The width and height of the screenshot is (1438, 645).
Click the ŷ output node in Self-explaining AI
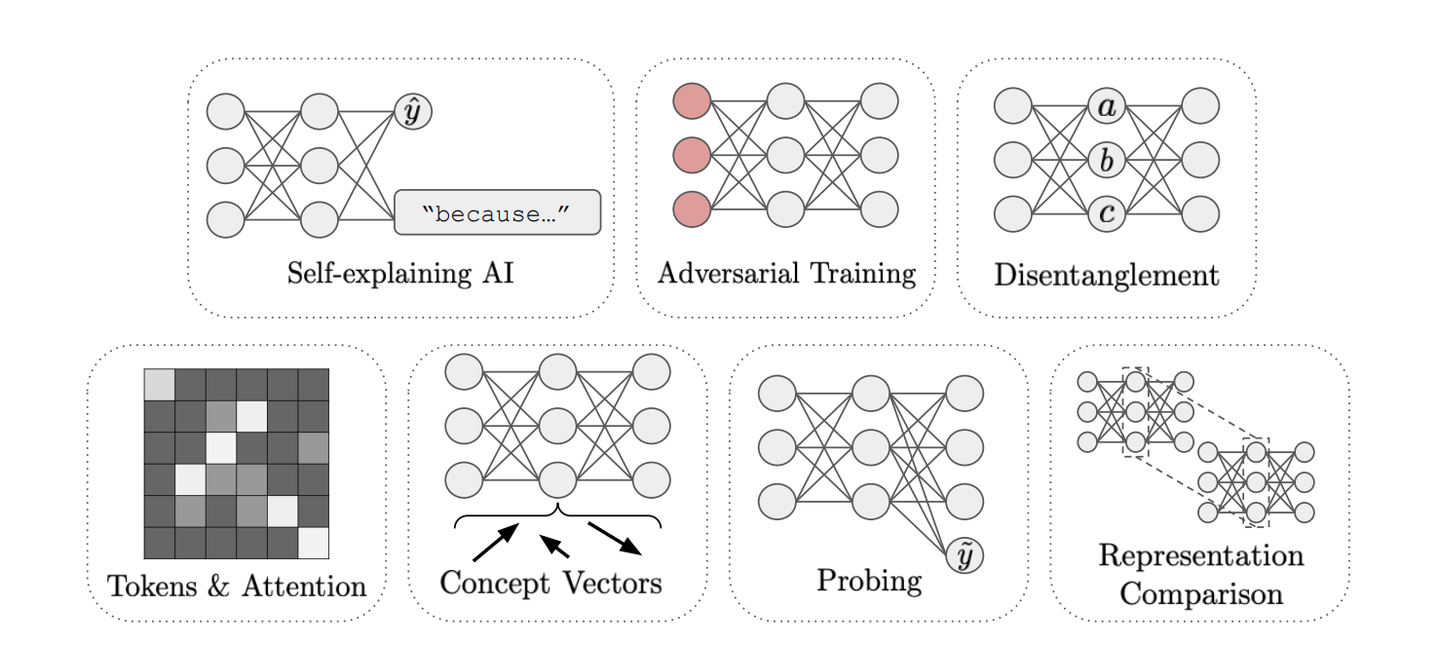[413, 113]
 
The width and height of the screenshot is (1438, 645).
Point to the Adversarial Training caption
[786, 273]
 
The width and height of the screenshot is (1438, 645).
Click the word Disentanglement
[1106, 275]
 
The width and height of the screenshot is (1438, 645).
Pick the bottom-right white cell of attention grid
[313, 541]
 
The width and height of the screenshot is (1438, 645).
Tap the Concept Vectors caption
[550, 584]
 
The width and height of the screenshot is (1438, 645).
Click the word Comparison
[1199, 591]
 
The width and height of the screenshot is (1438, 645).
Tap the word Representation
[1199, 556]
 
